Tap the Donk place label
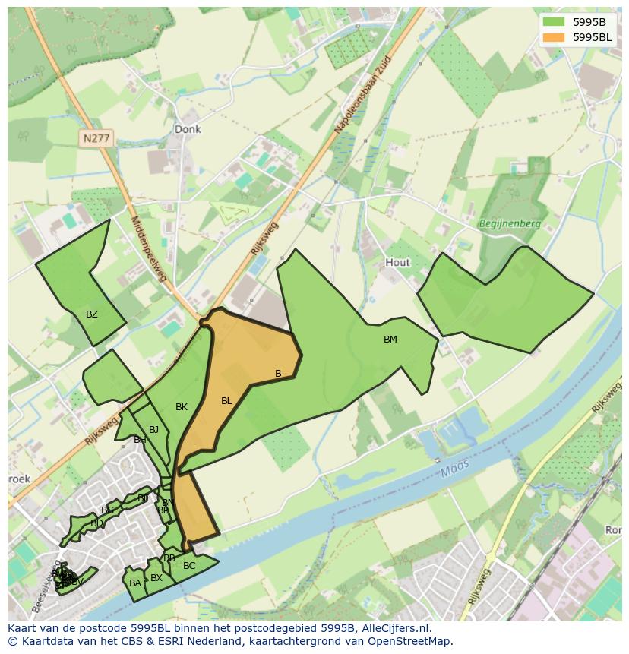point(188,129)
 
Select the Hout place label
point(397,262)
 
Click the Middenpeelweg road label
point(148,248)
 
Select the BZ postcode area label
point(92,314)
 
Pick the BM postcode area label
point(390,340)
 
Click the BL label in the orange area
point(226,401)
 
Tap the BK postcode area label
point(182,407)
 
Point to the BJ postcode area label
point(153,430)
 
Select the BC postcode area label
point(189,566)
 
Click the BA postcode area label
point(135,583)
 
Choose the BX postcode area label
point(156,578)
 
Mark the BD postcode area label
point(96,523)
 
